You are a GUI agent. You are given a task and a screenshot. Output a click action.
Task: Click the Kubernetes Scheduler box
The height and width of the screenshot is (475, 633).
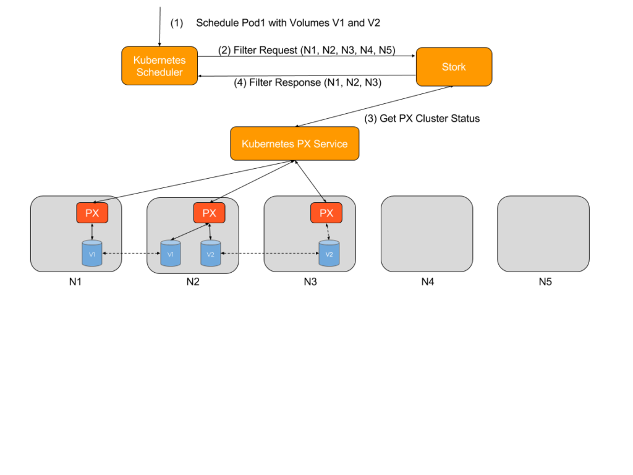(x=159, y=66)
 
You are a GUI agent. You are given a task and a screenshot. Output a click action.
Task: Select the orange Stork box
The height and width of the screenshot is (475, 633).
(x=454, y=67)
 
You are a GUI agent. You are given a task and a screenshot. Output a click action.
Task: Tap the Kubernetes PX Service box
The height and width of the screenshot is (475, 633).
(x=294, y=143)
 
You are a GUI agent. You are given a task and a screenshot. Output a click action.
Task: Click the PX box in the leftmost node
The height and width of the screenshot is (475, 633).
(x=92, y=213)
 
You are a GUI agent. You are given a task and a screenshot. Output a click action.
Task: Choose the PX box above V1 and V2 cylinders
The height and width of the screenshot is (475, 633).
(x=210, y=213)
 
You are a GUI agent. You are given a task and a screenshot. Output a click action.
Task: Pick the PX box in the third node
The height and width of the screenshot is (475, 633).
(x=326, y=213)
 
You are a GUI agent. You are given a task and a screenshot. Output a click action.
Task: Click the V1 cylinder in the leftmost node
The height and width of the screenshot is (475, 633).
(x=92, y=254)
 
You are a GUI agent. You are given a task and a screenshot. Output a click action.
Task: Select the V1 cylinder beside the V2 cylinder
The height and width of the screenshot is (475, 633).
(x=171, y=254)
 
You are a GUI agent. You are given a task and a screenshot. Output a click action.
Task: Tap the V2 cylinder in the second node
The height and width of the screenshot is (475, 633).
(x=211, y=254)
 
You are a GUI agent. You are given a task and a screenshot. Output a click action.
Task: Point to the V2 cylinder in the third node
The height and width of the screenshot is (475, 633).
(x=329, y=254)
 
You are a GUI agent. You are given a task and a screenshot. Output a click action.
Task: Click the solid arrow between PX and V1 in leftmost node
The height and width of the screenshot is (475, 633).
(x=92, y=232)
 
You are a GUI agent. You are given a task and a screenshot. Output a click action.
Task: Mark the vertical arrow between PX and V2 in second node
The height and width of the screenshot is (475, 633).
(x=210, y=232)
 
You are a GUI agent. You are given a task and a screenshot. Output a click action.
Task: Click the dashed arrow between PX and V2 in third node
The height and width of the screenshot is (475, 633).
(x=328, y=232)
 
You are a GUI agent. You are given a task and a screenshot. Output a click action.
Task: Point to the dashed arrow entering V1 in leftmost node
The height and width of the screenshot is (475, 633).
(x=112, y=254)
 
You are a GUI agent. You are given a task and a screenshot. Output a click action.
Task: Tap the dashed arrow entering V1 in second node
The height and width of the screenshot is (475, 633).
(x=154, y=254)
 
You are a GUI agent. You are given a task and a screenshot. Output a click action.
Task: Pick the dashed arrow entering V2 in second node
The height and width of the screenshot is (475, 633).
(x=229, y=254)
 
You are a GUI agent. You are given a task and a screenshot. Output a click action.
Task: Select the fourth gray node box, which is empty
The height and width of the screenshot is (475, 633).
(x=427, y=234)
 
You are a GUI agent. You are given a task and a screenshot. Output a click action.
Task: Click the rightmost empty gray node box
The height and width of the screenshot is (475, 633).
(x=543, y=234)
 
